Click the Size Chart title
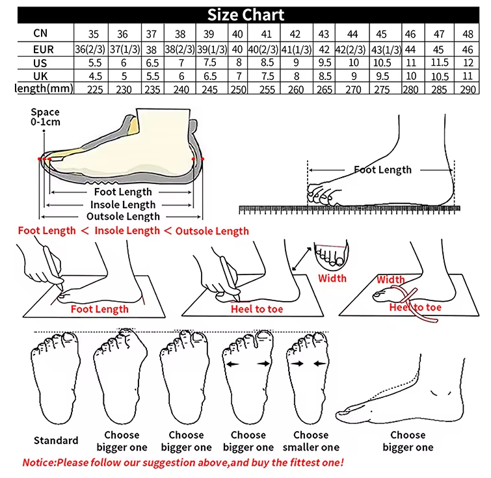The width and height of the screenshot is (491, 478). point(245,15)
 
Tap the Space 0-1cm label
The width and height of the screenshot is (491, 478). point(45,118)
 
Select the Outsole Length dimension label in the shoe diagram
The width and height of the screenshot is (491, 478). point(123,217)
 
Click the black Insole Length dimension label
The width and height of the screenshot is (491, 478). point(123,205)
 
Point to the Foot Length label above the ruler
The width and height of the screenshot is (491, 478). point(382,170)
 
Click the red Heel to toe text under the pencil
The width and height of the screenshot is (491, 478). point(257,309)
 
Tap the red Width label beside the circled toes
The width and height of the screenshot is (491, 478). point(332,278)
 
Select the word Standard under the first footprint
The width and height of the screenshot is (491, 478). point(56,440)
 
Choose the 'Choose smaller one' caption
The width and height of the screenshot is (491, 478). point(310,441)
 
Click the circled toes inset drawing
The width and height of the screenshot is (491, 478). point(330,257)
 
